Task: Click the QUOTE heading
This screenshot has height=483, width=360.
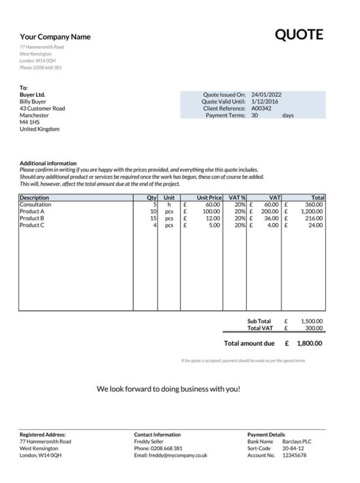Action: click(x=298, y=35)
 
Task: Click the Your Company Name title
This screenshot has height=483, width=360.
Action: click(x=55, y=37)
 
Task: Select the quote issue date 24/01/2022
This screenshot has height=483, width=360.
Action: click(x=266, y=94)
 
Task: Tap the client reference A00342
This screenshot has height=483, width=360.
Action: click(x=262, y=108)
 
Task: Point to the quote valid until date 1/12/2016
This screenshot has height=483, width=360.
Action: click(x=264, y=101)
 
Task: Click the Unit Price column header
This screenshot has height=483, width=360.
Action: click(x=209, y=197)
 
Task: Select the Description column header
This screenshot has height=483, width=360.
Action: click(x=35, y=197)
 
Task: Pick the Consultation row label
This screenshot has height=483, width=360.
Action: click(x=35, y=204)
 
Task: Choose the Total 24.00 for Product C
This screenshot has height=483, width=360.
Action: click(x=315, y=225)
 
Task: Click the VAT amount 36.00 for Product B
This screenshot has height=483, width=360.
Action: click(x=270, y=218)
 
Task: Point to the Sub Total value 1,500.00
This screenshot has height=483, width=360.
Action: click(x=311, y=321)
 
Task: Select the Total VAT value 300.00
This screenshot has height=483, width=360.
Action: click(x=314, y=328)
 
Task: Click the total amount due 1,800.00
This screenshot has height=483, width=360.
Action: click(x=309, y=343)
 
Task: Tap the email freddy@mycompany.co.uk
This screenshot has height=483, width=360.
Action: click(x=170, y=455)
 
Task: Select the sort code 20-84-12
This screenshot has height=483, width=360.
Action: click(x=293, y=448)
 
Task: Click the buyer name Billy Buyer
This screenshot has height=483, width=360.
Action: click(x=34, y=101)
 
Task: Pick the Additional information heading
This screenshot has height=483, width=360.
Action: click(x=48, y=163)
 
